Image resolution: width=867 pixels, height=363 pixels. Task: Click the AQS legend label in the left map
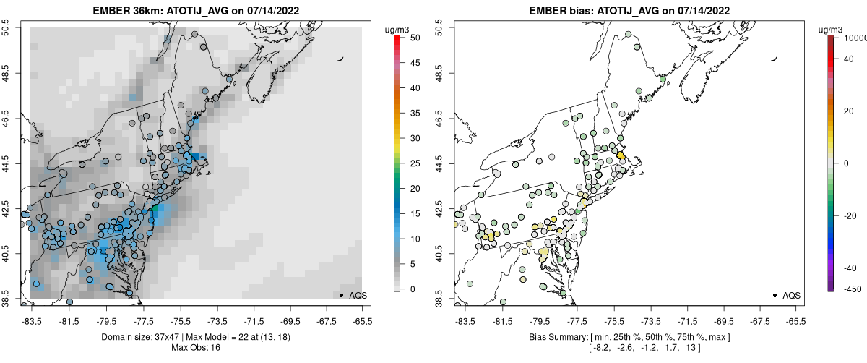[359, 295]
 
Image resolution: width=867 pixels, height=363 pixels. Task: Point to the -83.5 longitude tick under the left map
[31, 318]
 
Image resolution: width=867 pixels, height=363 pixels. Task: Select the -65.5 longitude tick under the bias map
[795, 318]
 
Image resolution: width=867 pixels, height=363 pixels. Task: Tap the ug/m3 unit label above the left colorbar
[399, 30]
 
